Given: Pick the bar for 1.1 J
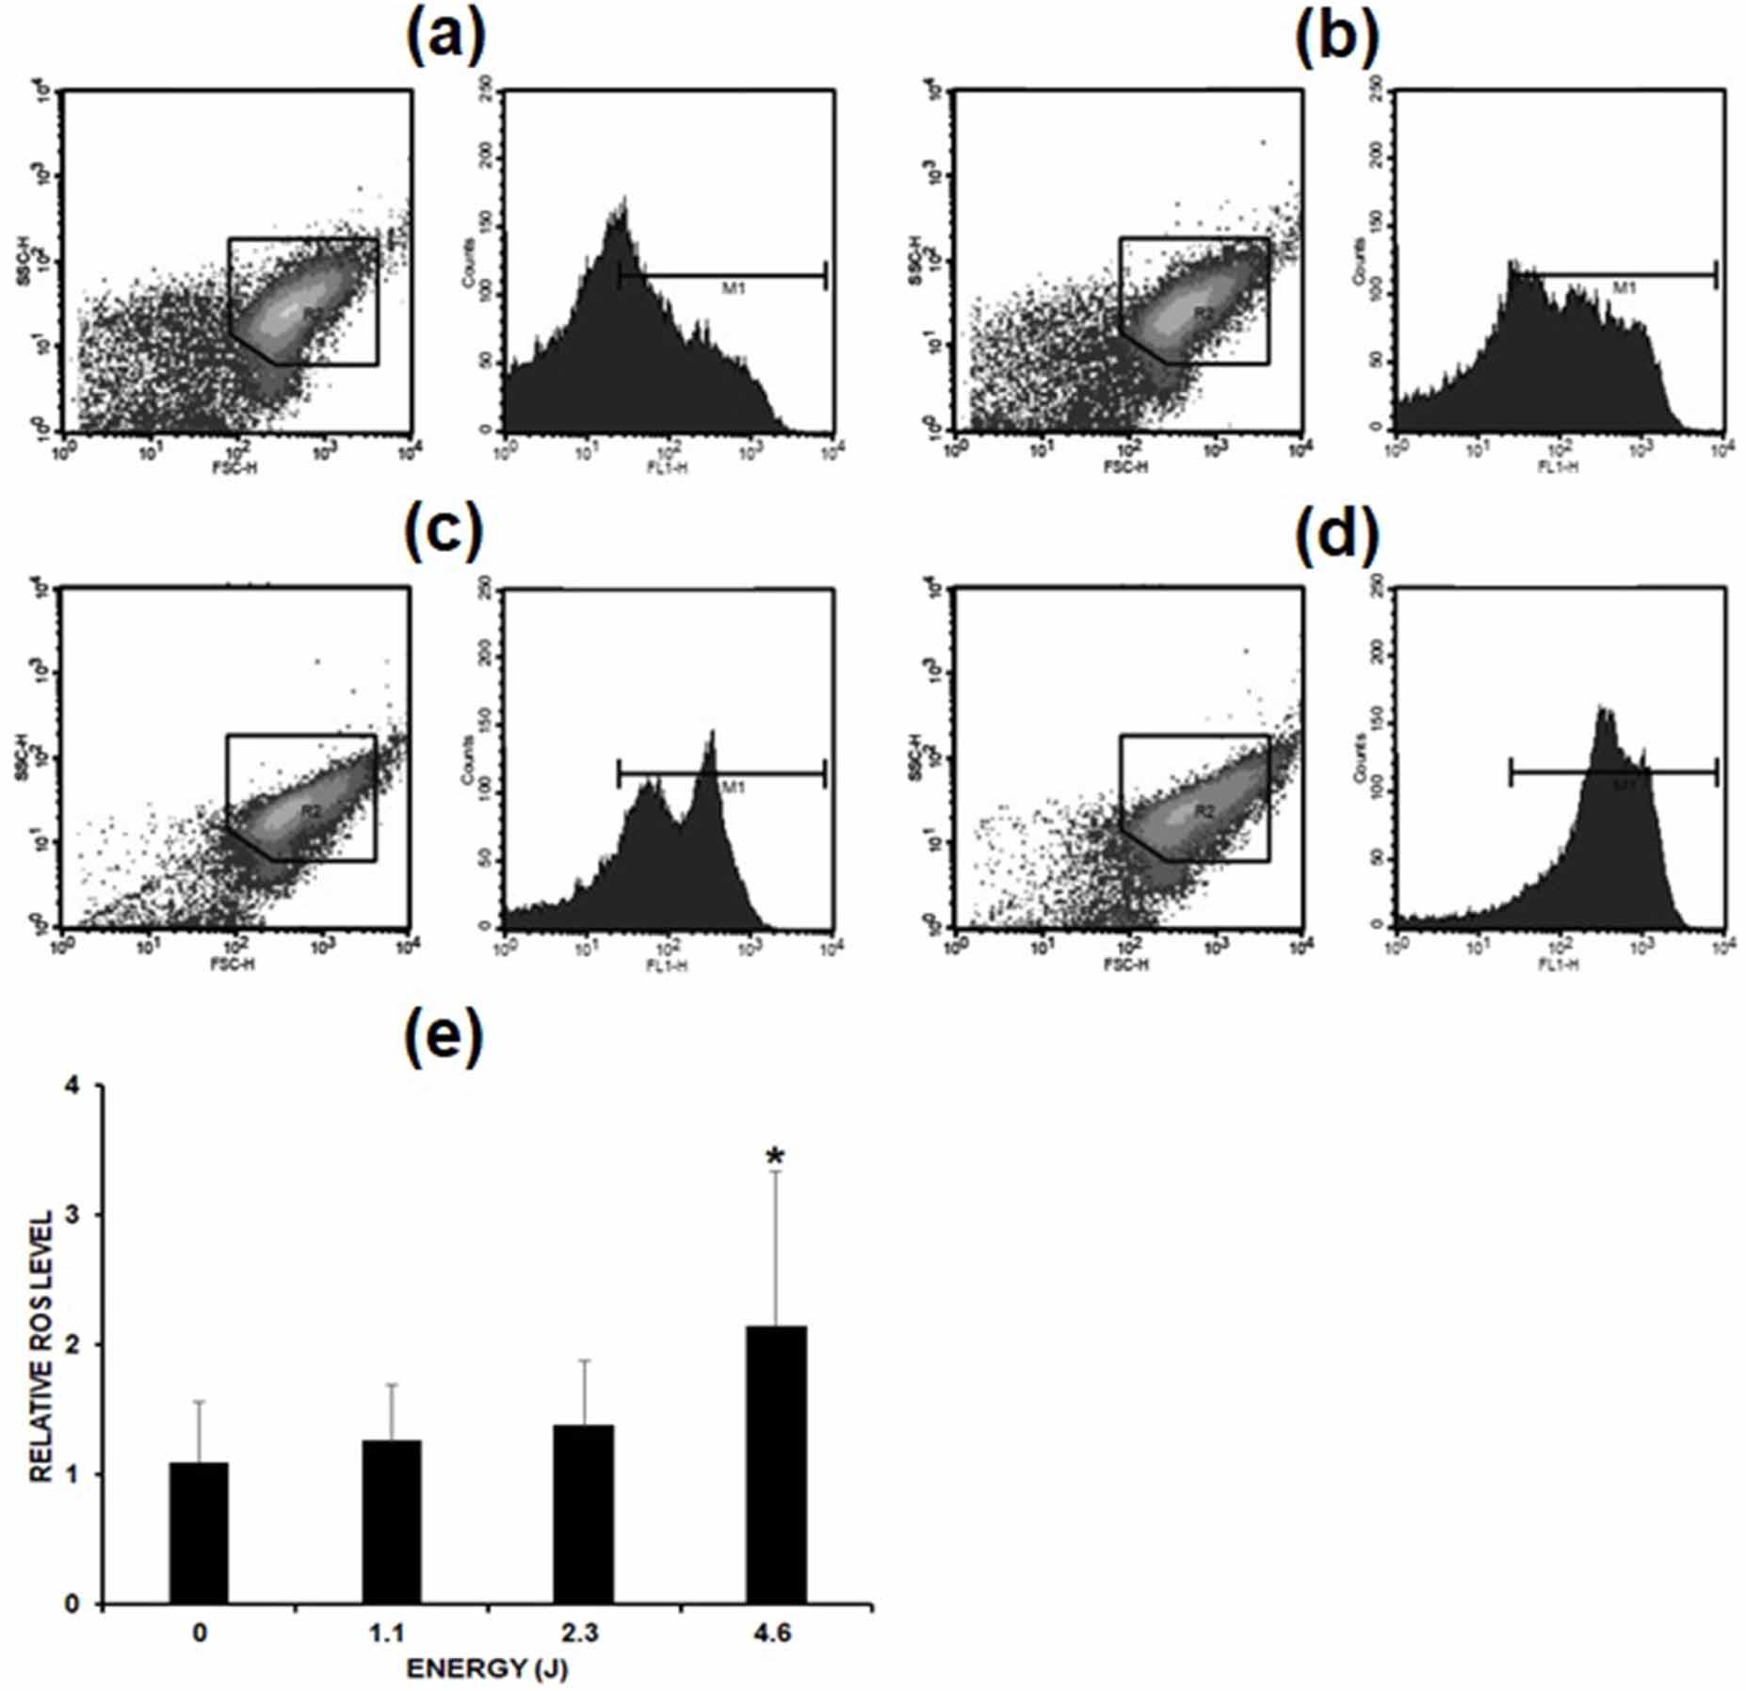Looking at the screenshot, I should (x=391, y=1521).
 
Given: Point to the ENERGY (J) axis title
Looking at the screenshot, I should (x=487, y=1669).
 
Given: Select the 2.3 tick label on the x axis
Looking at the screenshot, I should (x=583, y=1633).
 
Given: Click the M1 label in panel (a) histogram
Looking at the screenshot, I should (x=733, y=289).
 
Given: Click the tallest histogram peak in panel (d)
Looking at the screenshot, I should (x=1604, y=716).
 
